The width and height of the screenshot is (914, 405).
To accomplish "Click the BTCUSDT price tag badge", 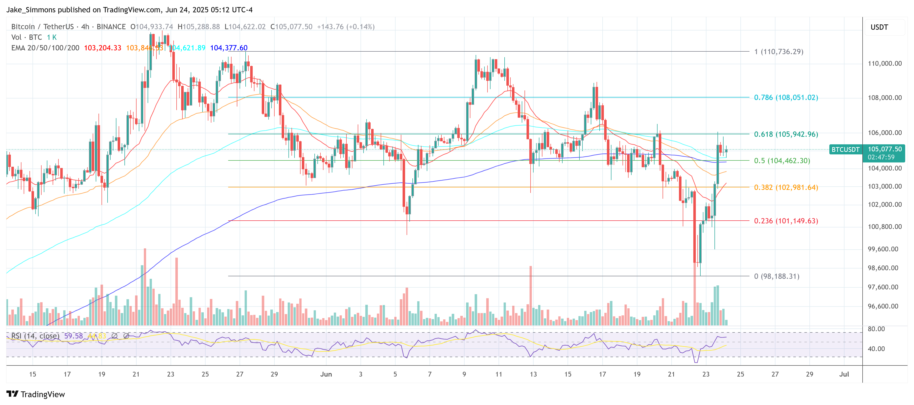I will click(x=845, y=149).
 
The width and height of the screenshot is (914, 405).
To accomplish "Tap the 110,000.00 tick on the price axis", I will click(x=884, y=63).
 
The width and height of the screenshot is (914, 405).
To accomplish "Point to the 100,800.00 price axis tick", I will click(x=884, y=227).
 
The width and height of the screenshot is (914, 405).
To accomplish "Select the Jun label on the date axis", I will click(x=326, y=374).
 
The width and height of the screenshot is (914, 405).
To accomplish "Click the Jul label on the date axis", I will click(x=844, y=374).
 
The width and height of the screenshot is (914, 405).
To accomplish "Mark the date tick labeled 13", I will click(x=533, y=374).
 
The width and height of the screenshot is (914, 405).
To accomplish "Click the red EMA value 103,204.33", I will click(x=102, y=48).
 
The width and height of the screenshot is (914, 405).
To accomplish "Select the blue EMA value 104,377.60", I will click(x=229, y=48).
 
